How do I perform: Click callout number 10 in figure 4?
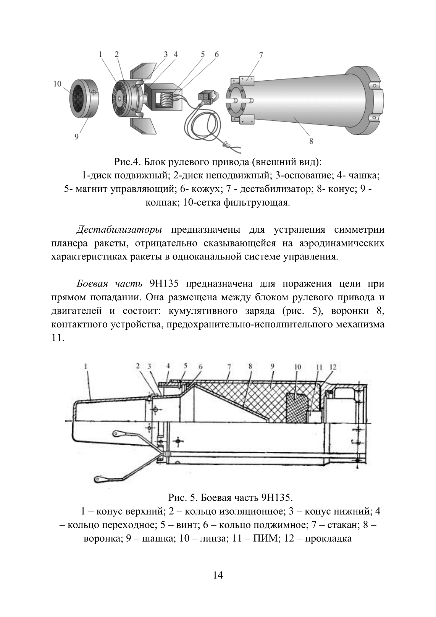pyautogui.click(x=57, y=84)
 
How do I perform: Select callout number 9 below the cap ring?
pyautogui.click(x=76, y=136)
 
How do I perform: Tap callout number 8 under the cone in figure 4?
pyautogui.click(x=311, y=141)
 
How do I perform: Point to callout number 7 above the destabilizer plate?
pyautogui.click(x=261, y=55)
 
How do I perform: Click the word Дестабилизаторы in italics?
pyautogui.click(x=119, y=230)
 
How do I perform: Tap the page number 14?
pyautogui.click(x=218, y=575)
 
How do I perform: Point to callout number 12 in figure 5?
pyautogui.click(x=333, y=367)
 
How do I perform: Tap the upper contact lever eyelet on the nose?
pyautogui.click(x=116, y=433)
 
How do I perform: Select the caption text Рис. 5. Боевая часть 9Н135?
pyautogui.click(x=231, y=498)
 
